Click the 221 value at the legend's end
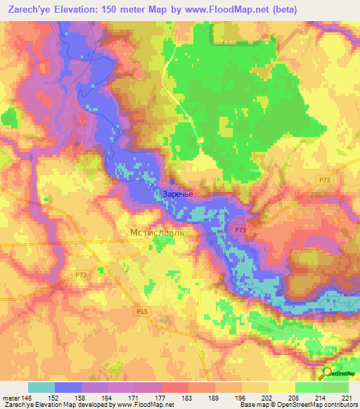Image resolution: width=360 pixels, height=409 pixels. pyautogui.click(x=347, y=398)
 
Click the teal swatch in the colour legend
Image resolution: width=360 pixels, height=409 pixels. pyautogui.click(x=41, y=387)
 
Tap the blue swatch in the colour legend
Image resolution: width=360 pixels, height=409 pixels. pyautogui.click(x=68, y=387)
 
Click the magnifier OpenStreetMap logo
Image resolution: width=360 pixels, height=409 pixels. pyautogui.click(x=328, y=375)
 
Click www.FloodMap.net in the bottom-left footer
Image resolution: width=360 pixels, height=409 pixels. pyautogui.click(x=148, y=405)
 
